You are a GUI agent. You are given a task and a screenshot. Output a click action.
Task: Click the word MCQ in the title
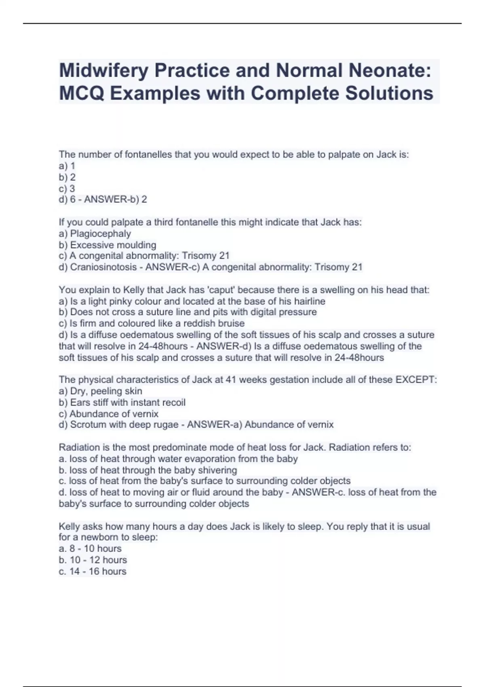(x=82, y=93)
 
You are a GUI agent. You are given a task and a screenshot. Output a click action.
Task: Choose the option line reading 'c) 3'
(x=67, y=188)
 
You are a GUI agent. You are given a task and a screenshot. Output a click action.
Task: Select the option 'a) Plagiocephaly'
(x=95, y=234)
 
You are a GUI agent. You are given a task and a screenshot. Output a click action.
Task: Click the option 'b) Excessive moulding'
(x=108, y=245)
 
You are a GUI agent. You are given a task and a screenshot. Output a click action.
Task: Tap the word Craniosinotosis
(x=104, y=267)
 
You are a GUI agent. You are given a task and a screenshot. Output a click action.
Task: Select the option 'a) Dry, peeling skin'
(x=101, y=391)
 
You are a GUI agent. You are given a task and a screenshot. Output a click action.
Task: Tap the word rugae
(x=166, y=425)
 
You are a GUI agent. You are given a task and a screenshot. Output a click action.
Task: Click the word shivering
(x=217, y=470)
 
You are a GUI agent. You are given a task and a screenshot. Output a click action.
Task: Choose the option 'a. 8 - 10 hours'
(x=90, y=548)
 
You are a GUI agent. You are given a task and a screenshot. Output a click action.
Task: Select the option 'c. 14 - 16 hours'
(x=93, y=571)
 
